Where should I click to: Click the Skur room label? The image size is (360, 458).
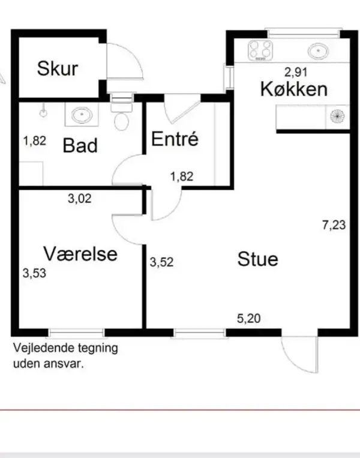[x=58, y=68]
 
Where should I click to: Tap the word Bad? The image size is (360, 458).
[x=80, y=145]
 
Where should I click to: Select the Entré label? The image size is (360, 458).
[x=175, y=139]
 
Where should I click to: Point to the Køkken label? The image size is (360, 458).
[x=294, y=89]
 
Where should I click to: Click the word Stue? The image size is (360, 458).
[x=257, y=259]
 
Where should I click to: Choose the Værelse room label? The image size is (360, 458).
[x=80, y=253]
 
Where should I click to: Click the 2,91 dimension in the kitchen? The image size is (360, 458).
[x=296, y=72]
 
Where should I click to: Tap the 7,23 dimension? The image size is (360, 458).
[x=334, y=225]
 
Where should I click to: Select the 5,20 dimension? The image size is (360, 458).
[x=249, y=318]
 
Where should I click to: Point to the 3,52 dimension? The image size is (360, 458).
[x=162, y=262]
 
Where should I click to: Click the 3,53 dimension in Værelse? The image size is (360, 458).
[x=34, y=273]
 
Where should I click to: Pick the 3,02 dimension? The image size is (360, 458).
[x=80, y=199]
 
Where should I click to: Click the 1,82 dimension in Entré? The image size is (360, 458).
[x=182, y=176]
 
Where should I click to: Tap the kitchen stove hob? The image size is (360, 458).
[x=260, y=50]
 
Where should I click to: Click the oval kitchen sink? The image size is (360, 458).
[x=318, y=52]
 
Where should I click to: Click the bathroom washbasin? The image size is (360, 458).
[x=82, y=115]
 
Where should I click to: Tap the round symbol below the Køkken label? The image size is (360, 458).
[x=337, y=116]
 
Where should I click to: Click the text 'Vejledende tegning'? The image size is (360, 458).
[x=65, y=348]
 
